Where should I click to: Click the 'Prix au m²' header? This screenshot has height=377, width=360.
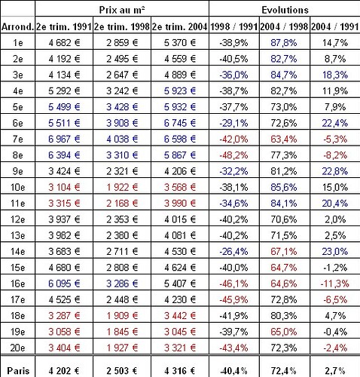(122, 10)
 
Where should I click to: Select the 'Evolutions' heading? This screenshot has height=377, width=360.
(285, 10)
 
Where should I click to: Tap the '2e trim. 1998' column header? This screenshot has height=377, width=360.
(122, 26)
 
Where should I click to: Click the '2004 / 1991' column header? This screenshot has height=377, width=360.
(334, 26)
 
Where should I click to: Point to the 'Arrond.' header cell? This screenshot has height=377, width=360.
(17, 26)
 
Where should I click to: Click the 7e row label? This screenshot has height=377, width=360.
(17, 139)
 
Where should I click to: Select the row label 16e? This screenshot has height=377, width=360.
(17, 284)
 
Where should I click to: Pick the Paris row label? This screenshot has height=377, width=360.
(18, 370)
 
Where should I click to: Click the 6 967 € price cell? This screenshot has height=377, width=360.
(64, 139)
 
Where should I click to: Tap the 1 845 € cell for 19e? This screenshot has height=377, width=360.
(122, 332)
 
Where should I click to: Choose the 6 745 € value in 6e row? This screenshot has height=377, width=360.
(180, 123)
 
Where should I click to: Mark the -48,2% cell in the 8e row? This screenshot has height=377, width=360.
(233, 155)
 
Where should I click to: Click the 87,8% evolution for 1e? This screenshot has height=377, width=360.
(284, 43)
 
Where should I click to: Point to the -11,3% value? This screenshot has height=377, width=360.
(335, 284)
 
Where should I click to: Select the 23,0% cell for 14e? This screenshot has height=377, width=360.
(335, 251)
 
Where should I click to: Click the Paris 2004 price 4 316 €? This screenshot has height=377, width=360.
(180, 370)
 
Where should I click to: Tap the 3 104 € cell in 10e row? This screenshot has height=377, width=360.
(64, 187)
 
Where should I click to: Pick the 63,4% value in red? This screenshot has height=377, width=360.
(284, 139)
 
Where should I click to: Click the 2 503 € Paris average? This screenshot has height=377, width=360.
(122, 370)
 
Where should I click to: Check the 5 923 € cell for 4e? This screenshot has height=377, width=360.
(180, 90)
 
